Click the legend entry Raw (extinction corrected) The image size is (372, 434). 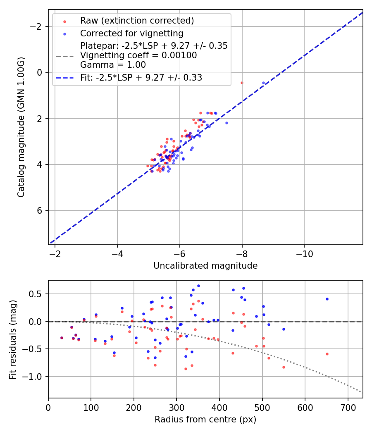pos(137,21)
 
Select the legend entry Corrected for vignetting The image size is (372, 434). pos(131,33)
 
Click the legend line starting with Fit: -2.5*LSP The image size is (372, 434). pos(141,78)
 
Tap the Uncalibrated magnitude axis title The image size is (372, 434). pos(205,266)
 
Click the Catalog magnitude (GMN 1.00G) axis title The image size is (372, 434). pos(21,127)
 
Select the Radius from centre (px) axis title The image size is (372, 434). pos(205,420)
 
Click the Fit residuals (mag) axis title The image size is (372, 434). pos(13,339)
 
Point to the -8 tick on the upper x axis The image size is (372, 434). pos(242,252)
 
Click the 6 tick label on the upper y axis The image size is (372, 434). pos(40,210)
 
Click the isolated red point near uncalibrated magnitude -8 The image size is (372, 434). pos(242,83)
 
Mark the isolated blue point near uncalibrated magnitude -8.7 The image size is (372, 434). pos(263,83)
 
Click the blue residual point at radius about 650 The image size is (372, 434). pos(327,299)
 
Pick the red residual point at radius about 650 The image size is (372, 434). pos(327,354)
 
